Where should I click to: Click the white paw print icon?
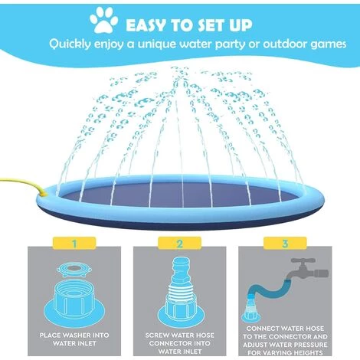103,20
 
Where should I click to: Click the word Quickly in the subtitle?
70,44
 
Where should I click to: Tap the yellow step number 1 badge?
74,243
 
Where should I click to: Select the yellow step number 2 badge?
179,243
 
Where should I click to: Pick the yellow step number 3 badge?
285,243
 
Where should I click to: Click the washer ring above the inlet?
74,270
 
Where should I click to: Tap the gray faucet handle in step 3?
303,261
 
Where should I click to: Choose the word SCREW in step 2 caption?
157,335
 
